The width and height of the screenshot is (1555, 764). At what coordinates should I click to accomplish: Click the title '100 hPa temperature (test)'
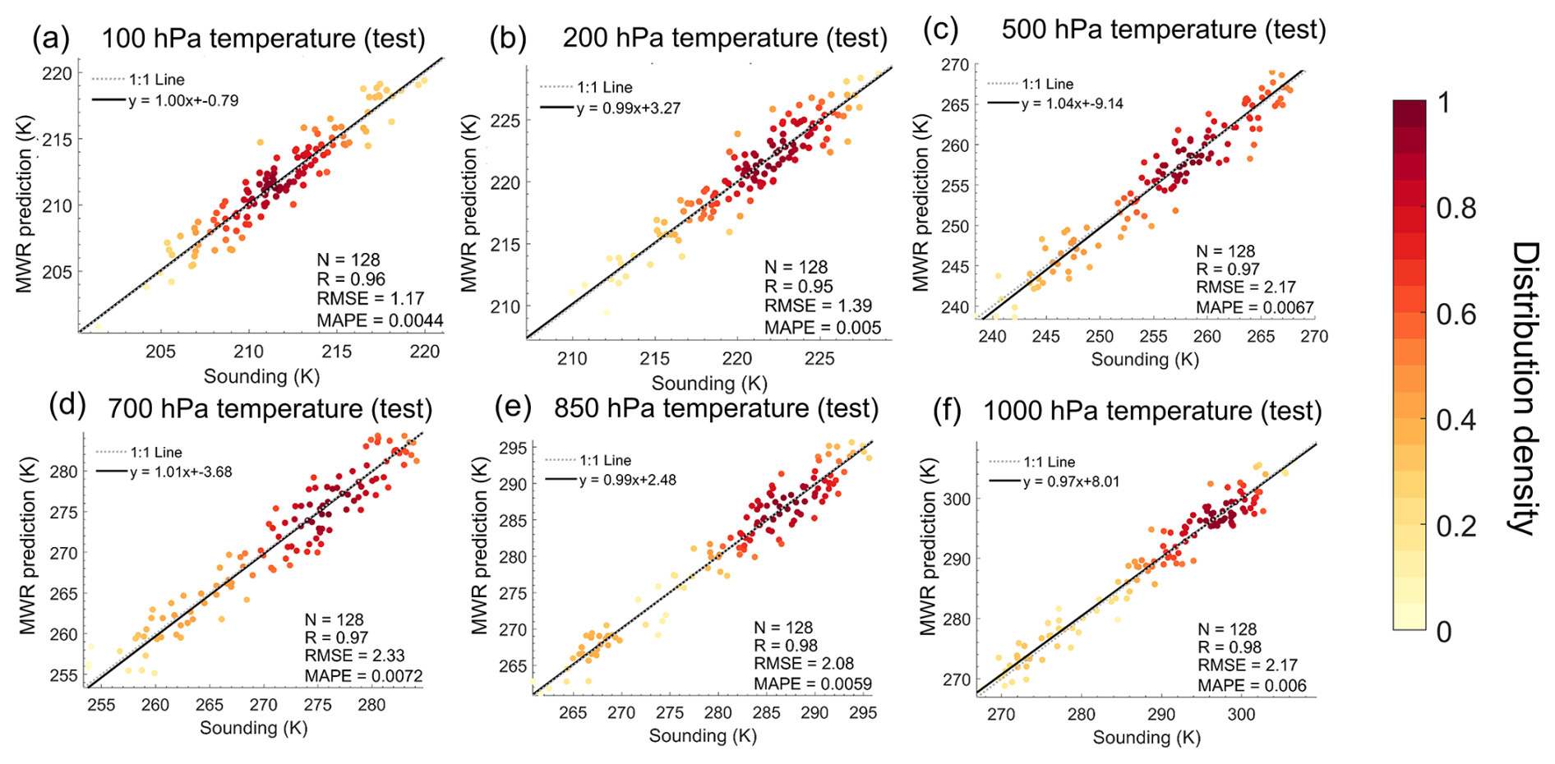[263, 39]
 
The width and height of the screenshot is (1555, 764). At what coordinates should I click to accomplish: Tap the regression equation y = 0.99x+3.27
[628, 108]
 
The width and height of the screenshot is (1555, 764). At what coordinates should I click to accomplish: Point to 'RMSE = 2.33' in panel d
[354, 656]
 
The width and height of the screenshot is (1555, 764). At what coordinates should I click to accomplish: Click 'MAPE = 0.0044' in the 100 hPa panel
[380, 321]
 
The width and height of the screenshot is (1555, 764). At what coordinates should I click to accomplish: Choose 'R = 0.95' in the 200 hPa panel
[798, 287]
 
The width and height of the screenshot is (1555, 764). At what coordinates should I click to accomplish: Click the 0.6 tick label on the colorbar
[1456, 315]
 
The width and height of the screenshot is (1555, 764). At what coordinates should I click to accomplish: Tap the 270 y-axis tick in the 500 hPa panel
[955, 65]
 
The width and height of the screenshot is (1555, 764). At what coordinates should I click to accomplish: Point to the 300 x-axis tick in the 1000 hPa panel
[1241, 715]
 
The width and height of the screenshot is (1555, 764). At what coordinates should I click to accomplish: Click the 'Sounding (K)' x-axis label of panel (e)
[703, 736]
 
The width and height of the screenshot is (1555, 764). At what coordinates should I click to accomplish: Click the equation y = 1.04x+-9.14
[1072, 104]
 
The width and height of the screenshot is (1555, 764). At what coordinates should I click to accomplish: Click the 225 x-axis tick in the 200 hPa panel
[819, 359]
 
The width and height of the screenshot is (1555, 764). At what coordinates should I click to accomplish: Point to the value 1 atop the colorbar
[1445, 104]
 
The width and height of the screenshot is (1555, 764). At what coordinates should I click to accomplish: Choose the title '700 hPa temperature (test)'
[270, 408]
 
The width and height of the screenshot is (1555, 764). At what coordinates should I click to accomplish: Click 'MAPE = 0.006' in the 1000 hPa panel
[1251, 686]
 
